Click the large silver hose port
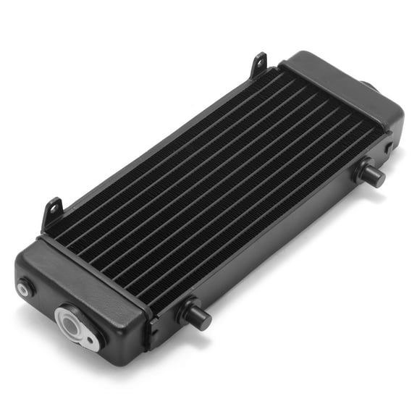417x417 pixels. click(75, 324)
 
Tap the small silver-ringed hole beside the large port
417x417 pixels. click(25, 289)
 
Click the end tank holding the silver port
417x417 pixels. click(80, 290)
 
